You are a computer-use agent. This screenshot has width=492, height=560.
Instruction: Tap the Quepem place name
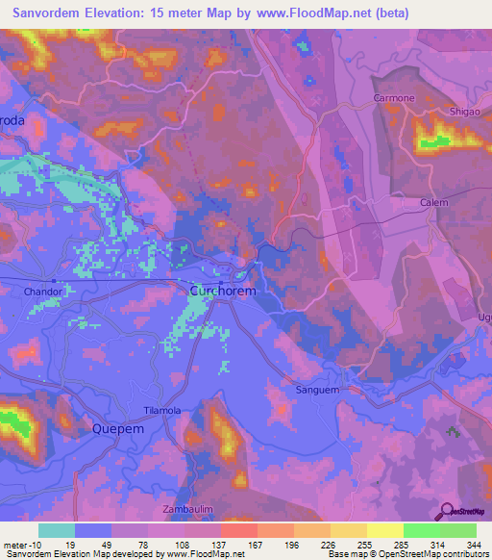point(117,429)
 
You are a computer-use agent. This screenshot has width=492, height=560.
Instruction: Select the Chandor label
point(43,291)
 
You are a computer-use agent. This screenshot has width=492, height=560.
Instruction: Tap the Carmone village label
point(394,99)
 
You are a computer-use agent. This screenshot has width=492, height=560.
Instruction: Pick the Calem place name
point(434,203)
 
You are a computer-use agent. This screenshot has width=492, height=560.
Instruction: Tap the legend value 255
point(360,545)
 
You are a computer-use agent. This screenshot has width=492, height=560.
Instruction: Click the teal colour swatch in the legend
point(57,530)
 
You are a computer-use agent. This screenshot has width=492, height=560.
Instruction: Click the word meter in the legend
point(16,545)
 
